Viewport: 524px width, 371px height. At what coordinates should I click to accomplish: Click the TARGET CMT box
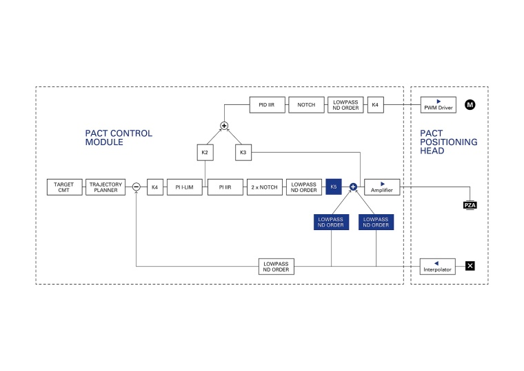point(64,187)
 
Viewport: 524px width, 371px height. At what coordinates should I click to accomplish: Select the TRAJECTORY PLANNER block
point(106,187)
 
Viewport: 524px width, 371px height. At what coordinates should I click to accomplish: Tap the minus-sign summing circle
point(137,187)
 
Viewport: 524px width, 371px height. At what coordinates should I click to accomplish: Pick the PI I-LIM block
point(185,187)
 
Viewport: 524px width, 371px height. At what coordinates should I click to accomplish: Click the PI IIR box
point(225,187)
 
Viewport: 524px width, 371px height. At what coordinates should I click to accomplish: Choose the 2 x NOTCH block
point(265,187)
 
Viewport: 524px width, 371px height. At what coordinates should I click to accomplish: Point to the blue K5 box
point(334,187)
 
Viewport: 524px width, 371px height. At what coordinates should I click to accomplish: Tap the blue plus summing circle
point(353,187)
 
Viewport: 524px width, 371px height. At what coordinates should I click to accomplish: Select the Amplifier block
point(382,187)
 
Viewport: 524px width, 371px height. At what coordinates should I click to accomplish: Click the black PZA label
point(470,205)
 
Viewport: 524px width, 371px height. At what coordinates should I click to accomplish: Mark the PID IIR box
point(267,105)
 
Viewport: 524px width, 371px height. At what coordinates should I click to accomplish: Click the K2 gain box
point(204,152)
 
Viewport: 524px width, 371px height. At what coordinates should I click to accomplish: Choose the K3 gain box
point(243,152)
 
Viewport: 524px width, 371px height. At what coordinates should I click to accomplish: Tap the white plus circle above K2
point(224,125)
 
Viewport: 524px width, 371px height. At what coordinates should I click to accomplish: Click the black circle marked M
point(470,105)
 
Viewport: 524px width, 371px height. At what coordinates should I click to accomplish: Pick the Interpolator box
point(439,266)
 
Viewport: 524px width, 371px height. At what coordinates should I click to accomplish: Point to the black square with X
point(470,265)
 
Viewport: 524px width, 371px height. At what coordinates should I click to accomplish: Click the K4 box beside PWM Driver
point(375,105)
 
